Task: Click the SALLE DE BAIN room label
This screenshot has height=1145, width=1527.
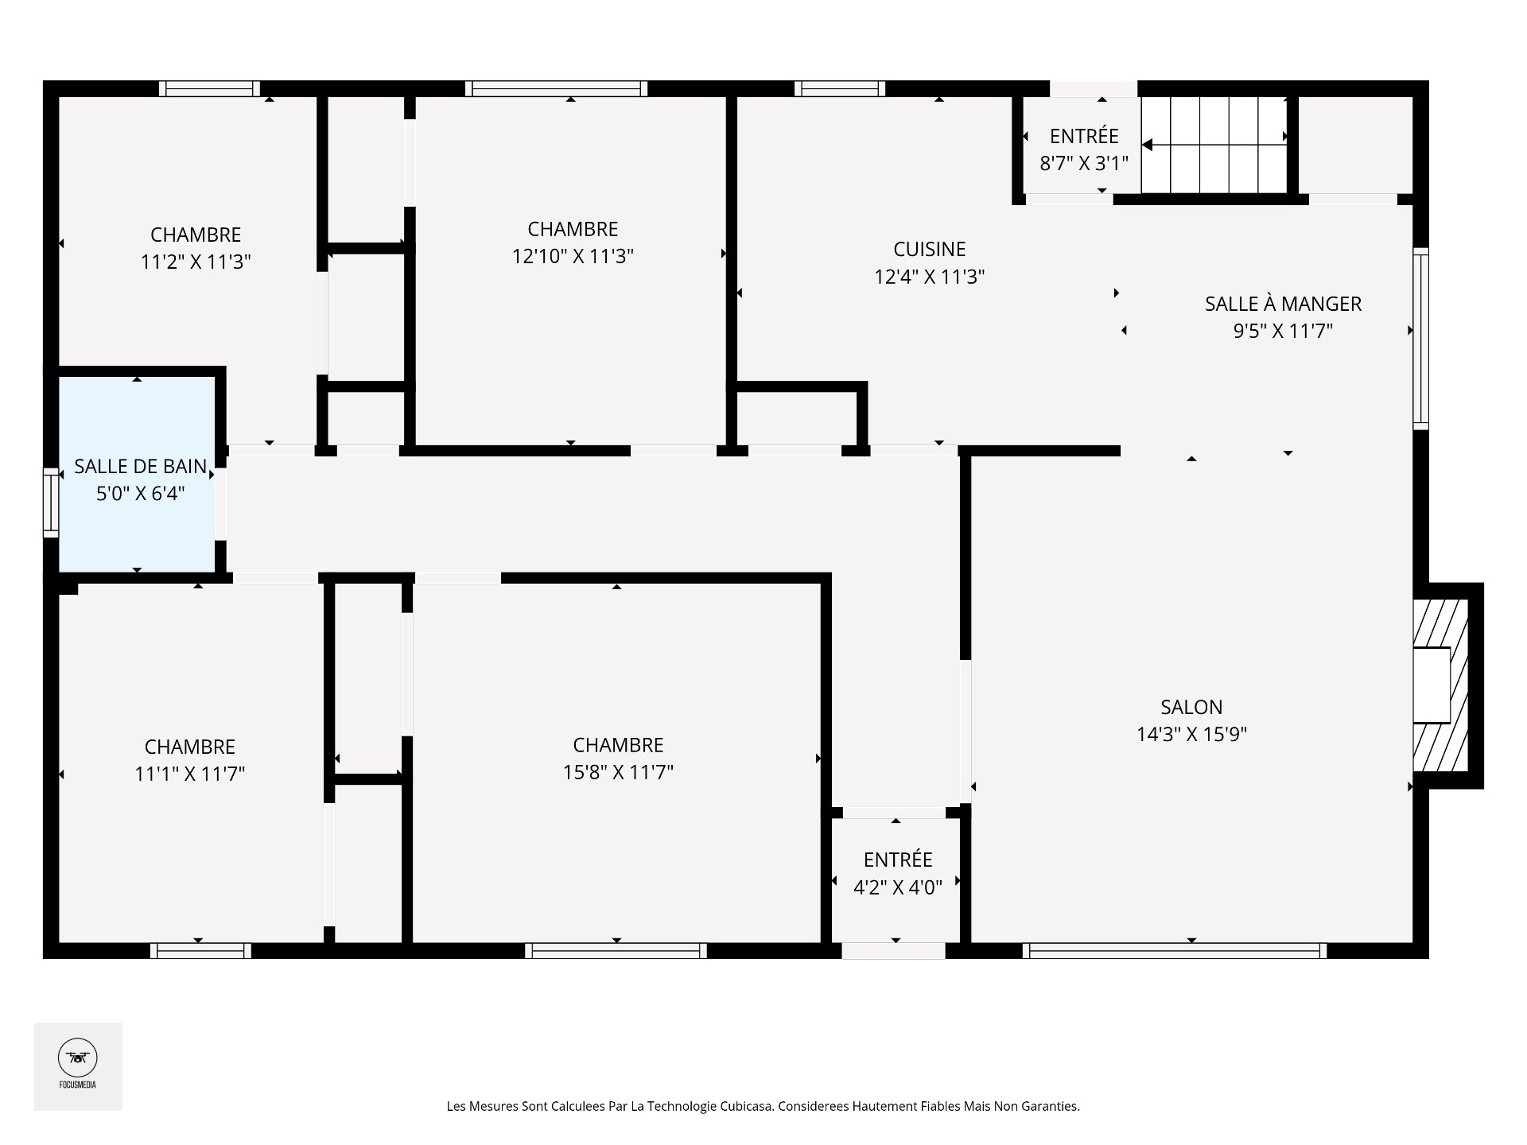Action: (x=141, y=467)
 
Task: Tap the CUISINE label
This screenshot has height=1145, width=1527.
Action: (x=930, y=250)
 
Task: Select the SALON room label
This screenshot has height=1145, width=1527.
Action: (x=1191, y=707)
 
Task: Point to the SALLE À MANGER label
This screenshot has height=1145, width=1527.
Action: (x=1283, y=303)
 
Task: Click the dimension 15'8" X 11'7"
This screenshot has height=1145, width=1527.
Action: (x=618, y=772)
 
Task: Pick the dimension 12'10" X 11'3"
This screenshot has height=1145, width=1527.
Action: (x=573, y=256)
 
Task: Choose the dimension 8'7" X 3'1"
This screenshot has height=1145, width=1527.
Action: (x=1084, y=164)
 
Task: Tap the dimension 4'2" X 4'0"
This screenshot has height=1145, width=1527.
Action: (x=898, y=887)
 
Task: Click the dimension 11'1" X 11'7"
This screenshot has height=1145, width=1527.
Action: (x=190, y=774)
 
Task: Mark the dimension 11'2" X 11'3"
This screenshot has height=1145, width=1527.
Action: (x=196, y=262)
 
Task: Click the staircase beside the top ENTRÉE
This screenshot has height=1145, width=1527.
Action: (x=1214, y=145)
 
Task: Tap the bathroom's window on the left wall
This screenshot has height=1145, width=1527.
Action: (x=51, y=501)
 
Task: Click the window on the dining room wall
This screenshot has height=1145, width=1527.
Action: (x=1420, y=339)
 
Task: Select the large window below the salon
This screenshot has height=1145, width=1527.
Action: (x=1175, y=950)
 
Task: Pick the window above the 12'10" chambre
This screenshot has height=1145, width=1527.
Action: (x=556, y=88)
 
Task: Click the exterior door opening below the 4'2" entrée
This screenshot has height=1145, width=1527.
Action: (x=894, y=950)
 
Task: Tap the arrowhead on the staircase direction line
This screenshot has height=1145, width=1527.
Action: (x=1147, y=145)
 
